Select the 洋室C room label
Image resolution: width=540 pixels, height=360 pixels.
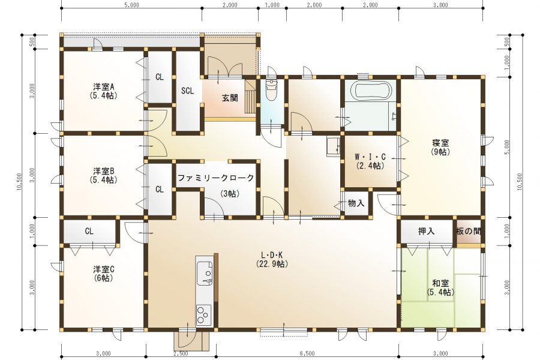point(104,269)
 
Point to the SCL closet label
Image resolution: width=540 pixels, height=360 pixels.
point(187,91)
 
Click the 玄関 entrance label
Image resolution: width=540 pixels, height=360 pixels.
point(230,98)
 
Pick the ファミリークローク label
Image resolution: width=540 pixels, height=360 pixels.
point(216,178)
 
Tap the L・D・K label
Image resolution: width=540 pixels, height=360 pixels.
point(272,255)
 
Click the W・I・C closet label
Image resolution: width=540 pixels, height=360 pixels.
point(370,157)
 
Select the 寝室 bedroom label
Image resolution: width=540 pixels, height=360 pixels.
point(440,143)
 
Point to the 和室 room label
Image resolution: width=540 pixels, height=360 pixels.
point(440,284)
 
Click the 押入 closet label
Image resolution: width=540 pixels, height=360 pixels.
point(427,231)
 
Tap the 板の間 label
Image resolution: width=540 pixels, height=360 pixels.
point(469,231)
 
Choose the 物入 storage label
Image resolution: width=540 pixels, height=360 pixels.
point(356,203)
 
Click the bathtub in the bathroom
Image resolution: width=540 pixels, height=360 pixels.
point(371,91)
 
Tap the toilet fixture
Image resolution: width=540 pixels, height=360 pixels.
point(272,89)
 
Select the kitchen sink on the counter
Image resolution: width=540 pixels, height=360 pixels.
point(205,273)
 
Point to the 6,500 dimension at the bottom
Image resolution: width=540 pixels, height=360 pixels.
point(307,353)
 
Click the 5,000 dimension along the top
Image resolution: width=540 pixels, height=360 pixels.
point(131,5)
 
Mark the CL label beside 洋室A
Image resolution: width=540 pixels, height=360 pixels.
point(159,77)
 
